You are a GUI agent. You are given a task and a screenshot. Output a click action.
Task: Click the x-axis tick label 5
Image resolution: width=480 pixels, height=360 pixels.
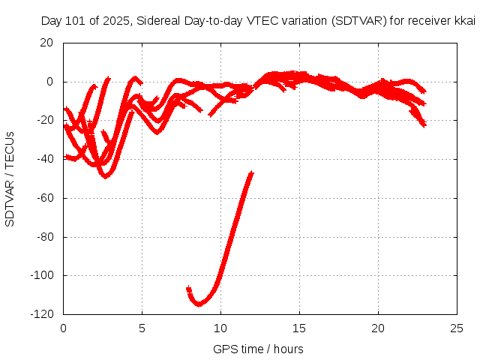pos(142,328)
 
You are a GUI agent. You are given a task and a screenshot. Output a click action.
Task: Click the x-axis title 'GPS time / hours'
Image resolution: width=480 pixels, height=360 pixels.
pos(259,349)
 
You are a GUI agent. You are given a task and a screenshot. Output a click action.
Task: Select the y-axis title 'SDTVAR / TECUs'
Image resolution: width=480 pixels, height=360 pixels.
pos(10,178)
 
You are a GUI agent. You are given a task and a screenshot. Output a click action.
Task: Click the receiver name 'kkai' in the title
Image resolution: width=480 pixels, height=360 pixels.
pos(465,21)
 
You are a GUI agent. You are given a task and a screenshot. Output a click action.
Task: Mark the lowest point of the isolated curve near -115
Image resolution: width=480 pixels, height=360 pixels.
pos(199,304)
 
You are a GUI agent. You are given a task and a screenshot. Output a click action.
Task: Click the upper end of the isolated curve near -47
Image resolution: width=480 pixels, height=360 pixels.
pos(250,174)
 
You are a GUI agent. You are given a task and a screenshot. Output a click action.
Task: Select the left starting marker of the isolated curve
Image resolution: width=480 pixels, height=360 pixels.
pos(189,289)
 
